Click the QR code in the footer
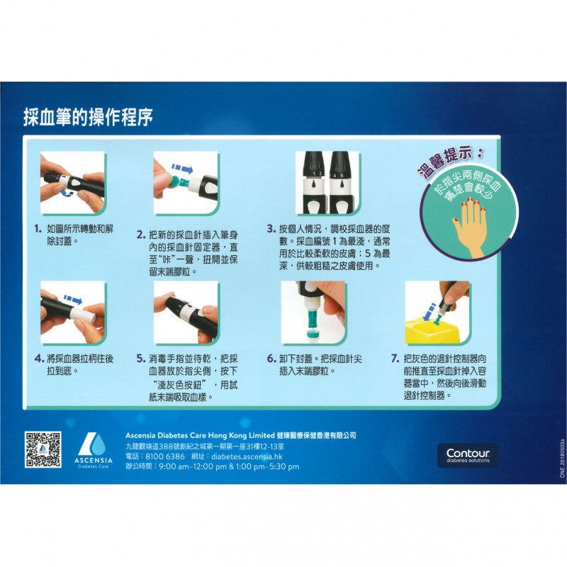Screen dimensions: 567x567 [x=43, y=449]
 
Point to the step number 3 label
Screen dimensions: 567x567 [x=271, y=229]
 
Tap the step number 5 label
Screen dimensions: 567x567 [x=141, y=359]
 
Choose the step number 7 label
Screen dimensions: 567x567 [x=395, y=359]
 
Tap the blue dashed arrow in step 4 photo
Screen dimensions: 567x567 [x=72, y=300]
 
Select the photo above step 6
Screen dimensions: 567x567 [x=313, y=313]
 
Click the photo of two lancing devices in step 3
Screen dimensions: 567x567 [x=327, y=182]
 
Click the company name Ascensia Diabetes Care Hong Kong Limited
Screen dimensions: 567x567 [x=201, y=435]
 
